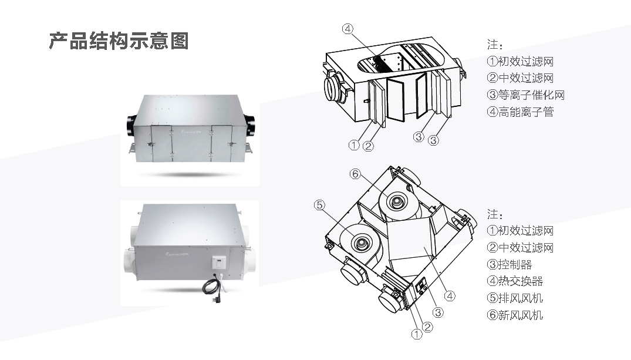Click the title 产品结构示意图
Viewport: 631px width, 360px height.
coord(119,41)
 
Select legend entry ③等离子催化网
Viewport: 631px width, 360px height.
coord(525,95)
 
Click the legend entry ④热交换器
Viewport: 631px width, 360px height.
coord(515,281)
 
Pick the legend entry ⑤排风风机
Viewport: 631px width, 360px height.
coord(515,298)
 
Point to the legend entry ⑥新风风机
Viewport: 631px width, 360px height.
coord(515,315)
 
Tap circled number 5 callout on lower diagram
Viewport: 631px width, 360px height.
coord(319,205)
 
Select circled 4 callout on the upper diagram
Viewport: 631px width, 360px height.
coord(348,28)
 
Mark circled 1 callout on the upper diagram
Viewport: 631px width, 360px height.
coord(354,145)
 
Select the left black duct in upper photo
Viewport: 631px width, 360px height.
coord(129,125)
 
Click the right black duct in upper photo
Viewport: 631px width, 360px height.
coord(251,125)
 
